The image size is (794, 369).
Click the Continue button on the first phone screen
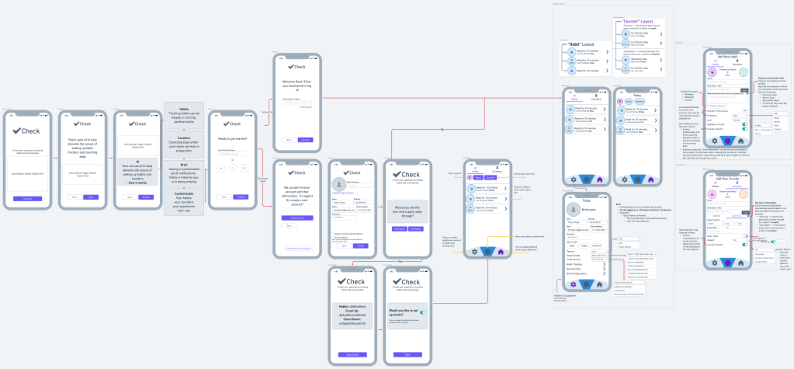27,199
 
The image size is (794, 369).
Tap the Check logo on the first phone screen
27,131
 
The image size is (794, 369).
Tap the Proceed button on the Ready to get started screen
241,197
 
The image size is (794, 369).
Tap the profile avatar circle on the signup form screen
338,184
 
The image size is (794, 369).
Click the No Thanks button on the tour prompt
399,229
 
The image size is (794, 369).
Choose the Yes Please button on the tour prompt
416,229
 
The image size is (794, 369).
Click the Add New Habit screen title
727,57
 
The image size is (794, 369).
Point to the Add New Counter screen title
727,178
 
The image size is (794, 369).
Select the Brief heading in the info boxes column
184,165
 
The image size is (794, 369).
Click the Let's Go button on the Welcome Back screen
306,140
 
